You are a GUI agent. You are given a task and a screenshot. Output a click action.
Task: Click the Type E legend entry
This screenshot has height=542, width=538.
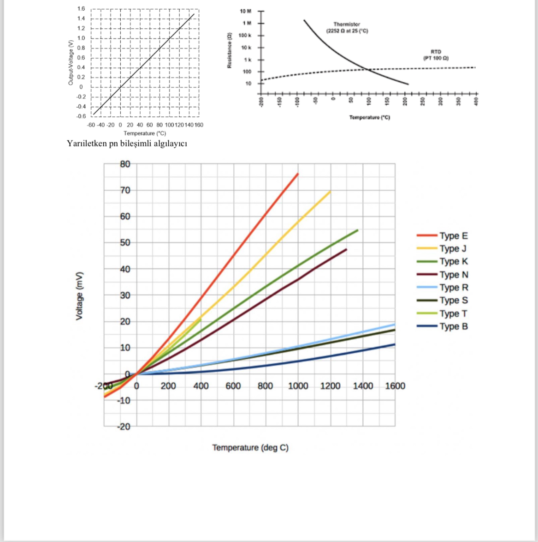point(453,236)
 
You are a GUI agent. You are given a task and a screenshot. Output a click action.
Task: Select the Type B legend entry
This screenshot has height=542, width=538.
point(453,326)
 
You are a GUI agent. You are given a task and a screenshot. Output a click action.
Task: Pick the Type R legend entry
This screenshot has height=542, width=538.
point(453,288)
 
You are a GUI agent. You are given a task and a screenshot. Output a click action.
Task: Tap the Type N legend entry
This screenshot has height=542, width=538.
point(453,275)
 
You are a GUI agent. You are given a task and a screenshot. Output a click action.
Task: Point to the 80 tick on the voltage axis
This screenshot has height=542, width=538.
point(125,164)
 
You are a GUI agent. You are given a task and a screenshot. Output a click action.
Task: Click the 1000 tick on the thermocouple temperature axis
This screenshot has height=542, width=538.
point(298,386)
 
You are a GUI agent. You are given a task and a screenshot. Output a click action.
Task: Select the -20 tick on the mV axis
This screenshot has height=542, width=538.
point(124,427)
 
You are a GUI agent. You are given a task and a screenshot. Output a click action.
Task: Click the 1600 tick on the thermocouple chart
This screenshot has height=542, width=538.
point(395,386)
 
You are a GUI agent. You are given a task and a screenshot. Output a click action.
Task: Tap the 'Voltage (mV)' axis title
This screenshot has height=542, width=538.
point(79,295)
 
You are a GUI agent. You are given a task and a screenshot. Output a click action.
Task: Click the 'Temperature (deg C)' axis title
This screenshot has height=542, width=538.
point(250,448)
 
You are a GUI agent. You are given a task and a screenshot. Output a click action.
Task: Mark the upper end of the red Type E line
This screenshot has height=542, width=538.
point(298,174)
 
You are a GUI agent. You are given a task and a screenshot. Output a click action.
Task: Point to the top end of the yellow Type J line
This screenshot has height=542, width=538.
point(330,191)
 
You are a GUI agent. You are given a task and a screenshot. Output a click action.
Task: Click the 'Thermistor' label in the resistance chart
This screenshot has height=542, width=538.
point(347,24)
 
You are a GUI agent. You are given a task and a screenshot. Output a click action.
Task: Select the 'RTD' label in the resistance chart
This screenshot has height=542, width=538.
point(436,52)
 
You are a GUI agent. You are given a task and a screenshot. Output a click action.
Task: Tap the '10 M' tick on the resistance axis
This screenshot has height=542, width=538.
point(245,11)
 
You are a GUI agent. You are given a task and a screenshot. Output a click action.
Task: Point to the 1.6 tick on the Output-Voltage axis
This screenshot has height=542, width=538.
point(81,9)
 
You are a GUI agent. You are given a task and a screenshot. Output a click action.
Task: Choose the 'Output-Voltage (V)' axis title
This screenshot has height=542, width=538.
point(71,62)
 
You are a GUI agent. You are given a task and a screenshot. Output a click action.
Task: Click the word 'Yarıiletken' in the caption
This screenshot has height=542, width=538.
point(86,144)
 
